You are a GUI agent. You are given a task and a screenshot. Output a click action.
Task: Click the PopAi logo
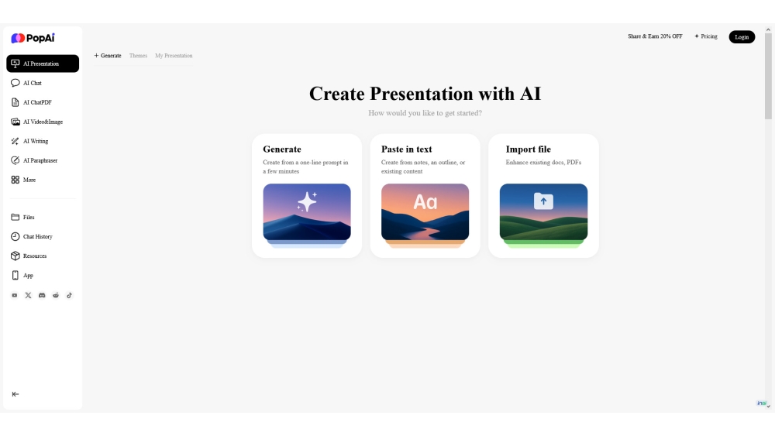pos(33,38)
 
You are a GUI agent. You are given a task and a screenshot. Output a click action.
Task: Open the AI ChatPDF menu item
pos(31,102)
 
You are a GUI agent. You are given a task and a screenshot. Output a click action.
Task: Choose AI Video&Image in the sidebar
pos(36,122)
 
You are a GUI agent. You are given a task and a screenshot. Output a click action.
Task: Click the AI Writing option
pos(29,141)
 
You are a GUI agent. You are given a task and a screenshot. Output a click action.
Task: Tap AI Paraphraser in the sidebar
pos(34,160)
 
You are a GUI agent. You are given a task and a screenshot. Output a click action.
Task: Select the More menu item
pos(23,180)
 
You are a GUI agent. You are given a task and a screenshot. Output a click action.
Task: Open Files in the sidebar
pos(22,218)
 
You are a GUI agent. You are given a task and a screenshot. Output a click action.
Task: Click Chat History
pos(32,236)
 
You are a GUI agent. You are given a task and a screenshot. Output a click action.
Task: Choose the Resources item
pos(29,256)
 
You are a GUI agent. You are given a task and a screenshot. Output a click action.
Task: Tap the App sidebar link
pos(22,276)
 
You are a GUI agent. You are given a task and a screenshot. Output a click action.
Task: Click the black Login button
pos(742,37)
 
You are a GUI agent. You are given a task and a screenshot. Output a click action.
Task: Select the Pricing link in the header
pos(706,36)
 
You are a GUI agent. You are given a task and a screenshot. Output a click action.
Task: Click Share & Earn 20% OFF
pos(655,36)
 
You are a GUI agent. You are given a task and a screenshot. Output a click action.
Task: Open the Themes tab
pos(139,56)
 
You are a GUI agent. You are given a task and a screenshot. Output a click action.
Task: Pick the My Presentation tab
pos(174,56)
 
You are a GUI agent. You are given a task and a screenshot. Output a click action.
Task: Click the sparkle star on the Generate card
pos(307,201)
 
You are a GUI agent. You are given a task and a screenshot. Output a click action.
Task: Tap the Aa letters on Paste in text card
pos(425,202)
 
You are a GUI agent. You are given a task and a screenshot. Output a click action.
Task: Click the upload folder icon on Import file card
pos(543,201)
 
